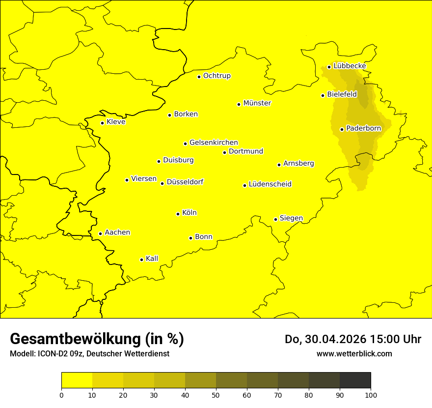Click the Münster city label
coord(257,103)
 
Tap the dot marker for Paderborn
coord(342,129)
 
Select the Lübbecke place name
coord(350,66)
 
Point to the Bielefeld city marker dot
coord(323,95)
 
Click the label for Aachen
coord(117,233)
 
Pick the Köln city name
coord(189,213)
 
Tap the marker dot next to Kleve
coord(102,123)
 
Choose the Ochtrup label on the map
coord(217,76)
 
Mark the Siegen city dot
coord(275,219)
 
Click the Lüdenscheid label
coord(270,184)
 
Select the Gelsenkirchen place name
coord(214,143)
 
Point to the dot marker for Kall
coord(141,260)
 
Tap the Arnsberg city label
coord(298,163)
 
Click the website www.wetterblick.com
coord(354,353)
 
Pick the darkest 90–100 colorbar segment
coord(355,380)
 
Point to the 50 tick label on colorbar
coord(216,395)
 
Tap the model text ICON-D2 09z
coord(58,354)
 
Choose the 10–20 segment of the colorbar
coord(108,380)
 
